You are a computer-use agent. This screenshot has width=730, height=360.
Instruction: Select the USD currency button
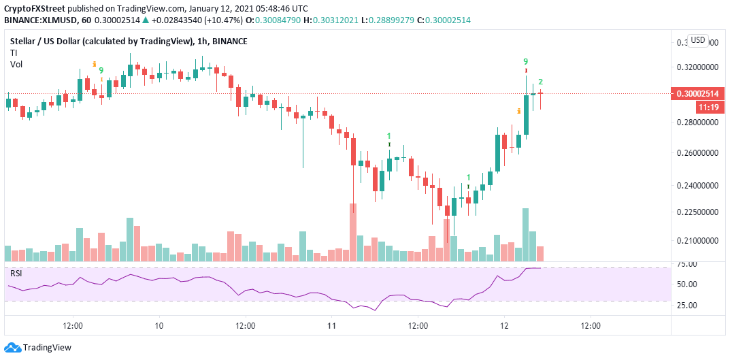click(x=697, y=40)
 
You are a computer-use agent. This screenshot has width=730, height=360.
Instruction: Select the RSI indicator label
click(x=16, y=274)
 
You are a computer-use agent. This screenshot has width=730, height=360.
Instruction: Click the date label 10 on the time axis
click(x=159, y=326)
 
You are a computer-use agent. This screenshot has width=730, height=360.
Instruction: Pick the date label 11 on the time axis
click(x=331, y=326)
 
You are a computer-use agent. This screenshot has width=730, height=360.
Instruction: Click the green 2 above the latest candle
click(x=540, y=82)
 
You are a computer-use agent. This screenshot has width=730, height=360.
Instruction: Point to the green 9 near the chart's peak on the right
click(x=526, y=61)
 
